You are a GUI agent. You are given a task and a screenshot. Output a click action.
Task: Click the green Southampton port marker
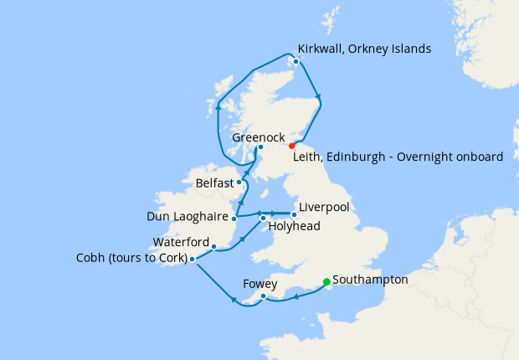tap(326, 282)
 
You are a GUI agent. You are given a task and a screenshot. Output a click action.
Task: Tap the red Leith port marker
tap(291, 146)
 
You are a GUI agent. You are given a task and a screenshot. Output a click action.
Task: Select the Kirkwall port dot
tap(296, 61)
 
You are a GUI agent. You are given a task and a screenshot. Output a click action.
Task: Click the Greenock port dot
tap(261, 148)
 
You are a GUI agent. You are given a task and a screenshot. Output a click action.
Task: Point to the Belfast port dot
tap(239, 182)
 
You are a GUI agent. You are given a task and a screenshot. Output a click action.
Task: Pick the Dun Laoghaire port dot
tap(234, 219)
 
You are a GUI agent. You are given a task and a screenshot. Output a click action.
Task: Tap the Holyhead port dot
tap(264, 219)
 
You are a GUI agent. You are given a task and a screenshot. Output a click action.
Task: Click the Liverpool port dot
tap(294, 214)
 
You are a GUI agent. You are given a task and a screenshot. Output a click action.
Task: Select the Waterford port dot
tap(215, 247)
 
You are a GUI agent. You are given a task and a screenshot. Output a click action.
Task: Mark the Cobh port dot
tap(193, 259)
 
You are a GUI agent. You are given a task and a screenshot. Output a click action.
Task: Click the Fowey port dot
tap(263, 296)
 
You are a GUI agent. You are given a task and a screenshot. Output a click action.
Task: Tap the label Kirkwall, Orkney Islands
tap(365, 49)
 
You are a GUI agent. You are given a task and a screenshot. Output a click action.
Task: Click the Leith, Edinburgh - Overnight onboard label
tap(398, 157)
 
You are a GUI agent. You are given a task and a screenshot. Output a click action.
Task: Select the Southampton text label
tap(370, 280)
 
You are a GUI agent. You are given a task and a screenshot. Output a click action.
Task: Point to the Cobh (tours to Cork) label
tap(131, 258)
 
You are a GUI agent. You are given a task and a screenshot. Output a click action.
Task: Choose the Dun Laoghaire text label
tap(188, 216)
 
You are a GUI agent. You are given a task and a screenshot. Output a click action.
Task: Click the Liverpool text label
tap(323, 207)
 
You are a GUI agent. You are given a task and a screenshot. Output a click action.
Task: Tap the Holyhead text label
tap(294, 227)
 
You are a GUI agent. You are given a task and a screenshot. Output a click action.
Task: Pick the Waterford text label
tap(181, 242)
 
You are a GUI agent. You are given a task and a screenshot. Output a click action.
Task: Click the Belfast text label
tap(213, 182)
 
